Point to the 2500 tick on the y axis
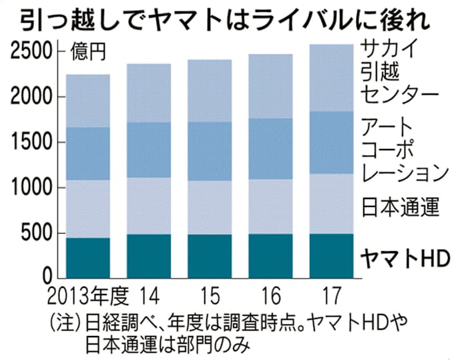32,51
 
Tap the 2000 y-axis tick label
32,97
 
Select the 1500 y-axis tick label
32,142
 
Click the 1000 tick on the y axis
32,188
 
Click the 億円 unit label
87,51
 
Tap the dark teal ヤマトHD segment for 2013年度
87,257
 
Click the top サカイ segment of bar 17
332,78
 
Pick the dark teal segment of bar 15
210,256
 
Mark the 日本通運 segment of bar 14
148,206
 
